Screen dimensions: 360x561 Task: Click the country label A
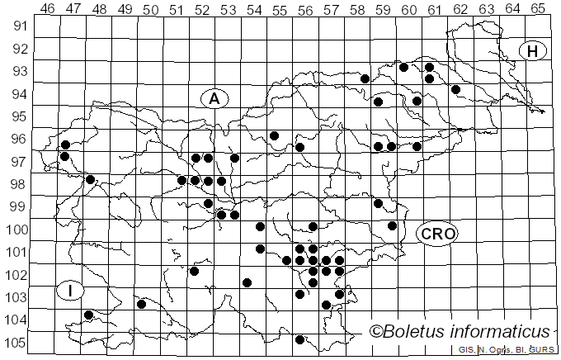click(214, 99)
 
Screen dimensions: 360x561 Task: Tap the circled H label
click(533, 51)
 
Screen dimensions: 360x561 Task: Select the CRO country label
click(436, 234)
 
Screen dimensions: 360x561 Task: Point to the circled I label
click(71, 291)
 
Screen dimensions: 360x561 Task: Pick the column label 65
click(537, 8)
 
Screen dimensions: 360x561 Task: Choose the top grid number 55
click(279, 8)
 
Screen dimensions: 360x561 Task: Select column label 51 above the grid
click(176, 8)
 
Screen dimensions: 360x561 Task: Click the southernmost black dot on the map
click(299, 339)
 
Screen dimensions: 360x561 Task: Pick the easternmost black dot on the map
click(455, 89)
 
